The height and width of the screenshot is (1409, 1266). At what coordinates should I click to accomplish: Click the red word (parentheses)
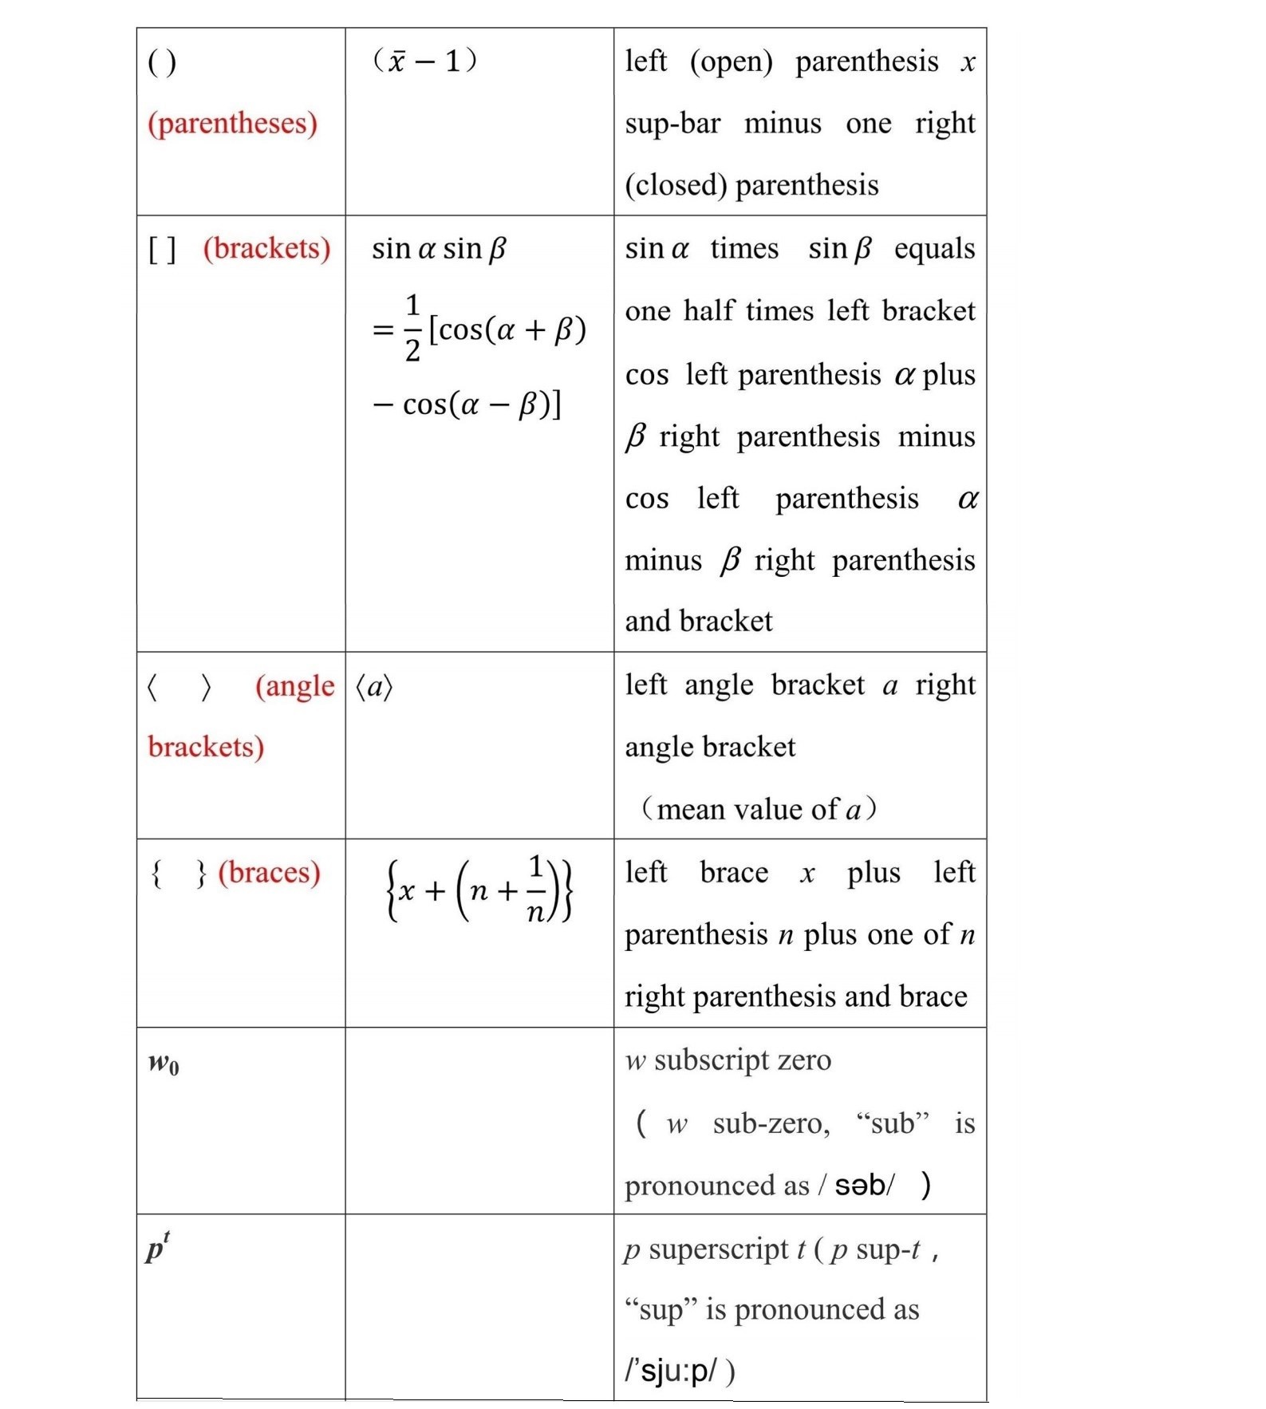[x=232, y=124]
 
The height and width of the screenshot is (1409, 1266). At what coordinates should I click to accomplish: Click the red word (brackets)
[x=266, y=248]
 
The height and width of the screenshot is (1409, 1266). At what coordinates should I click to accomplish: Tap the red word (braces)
[x=269, y=872]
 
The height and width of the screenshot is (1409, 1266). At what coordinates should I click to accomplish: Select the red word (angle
[x=294, y=686]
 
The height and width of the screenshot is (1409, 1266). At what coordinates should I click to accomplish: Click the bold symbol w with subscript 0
[x=164, y=1064]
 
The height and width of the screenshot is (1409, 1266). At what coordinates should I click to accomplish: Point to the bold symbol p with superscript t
[x=157, y=1248]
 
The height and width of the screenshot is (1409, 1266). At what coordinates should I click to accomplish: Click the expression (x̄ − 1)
[x=424, y=61]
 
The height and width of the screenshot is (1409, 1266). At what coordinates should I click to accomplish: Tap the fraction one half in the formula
[x=412, y=328]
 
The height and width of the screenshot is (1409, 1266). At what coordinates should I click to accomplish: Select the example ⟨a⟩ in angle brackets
[x=374, y=686]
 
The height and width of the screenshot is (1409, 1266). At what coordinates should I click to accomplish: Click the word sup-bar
[x=672, y=124]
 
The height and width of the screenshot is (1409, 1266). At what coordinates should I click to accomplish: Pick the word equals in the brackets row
[x=934, y=249]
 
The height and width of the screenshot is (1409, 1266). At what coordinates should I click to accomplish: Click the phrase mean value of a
[x=759, y=810]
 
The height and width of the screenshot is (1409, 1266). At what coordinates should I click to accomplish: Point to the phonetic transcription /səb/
[x=864, y=1186]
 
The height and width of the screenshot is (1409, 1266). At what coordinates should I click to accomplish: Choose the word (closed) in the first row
[x=675, y=185]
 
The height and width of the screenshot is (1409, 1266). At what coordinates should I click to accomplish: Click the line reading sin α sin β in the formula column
[x=439, y=249]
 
